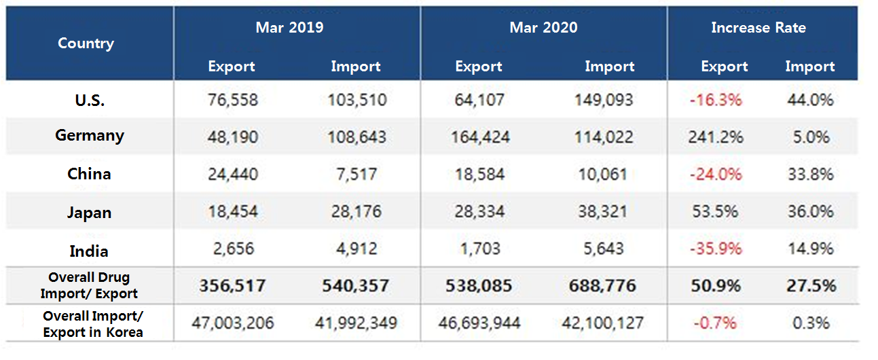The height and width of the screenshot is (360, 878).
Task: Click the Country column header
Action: coord(86,43)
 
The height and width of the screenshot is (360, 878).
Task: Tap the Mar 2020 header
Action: coord(543,28)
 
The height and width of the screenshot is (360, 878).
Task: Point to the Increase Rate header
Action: coord(758,28)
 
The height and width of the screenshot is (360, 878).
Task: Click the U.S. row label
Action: coord(89,100)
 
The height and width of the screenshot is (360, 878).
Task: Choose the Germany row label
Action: coord(89,136)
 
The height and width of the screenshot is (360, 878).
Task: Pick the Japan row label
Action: coord(89,213)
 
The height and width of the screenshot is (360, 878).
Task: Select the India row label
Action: coord(89,251)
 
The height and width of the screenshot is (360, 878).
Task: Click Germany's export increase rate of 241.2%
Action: coord(716,137)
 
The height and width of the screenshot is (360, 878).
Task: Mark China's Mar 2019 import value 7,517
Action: coord(357,174)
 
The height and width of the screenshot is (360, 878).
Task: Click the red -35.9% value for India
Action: coord(716,249)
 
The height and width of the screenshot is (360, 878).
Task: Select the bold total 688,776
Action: coord(602,285)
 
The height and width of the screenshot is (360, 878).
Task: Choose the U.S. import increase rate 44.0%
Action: coord(809,101)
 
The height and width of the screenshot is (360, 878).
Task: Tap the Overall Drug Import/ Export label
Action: coord(89,286)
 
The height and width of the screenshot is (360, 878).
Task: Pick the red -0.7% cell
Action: coord(716,323)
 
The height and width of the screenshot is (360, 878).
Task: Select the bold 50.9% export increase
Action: coord(716,285)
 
